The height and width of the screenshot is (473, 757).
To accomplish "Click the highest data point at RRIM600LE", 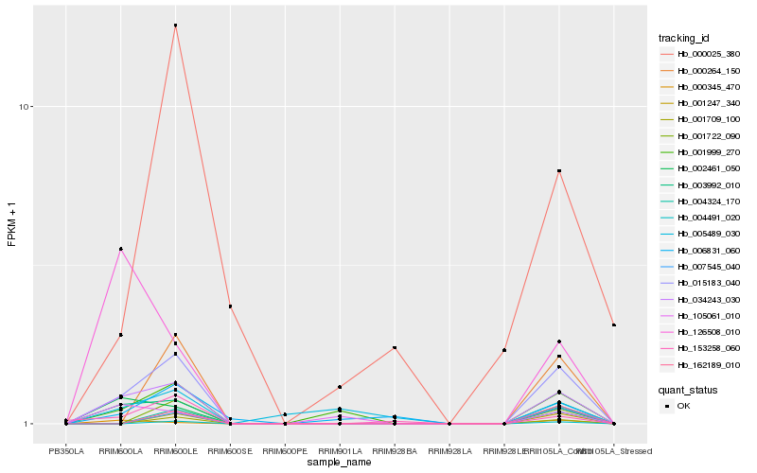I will pos(175,26).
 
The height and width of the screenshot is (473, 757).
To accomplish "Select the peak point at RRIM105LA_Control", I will pos(559,171).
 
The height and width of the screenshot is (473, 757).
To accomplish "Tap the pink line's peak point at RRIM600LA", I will pos(121,249).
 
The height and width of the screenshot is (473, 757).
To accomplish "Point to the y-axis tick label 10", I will pos(26,107).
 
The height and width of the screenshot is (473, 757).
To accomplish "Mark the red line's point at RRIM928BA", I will pos(395,348).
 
